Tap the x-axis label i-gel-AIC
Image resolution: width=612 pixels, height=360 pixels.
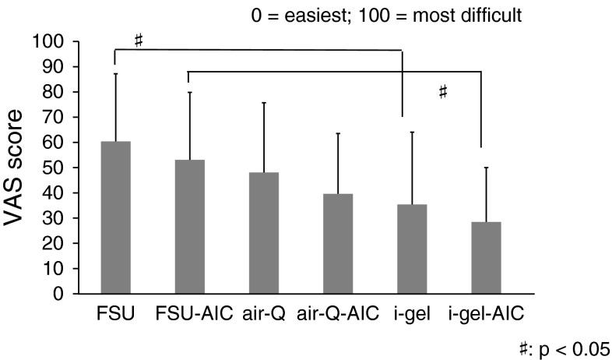pyautogui.click(x=487, y=314)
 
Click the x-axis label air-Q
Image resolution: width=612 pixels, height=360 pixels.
pyautogui.click(x=265, y=314)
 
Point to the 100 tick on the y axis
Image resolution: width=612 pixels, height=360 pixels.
pyautogui.click(x=63, y=41)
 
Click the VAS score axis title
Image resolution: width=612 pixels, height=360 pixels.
pyautogui.click(x=21, y=167)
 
